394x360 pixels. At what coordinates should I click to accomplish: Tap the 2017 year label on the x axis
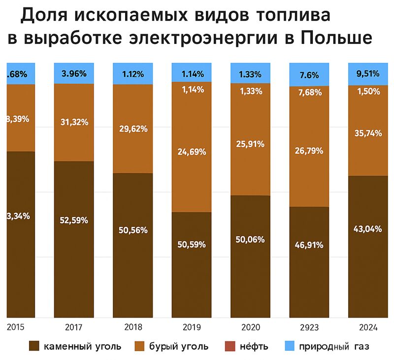click(x=73, y=327)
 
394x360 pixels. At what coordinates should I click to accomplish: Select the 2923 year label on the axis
click(x=309, y=327)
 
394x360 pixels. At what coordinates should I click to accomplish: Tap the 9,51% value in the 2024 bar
click(x=367, y=74)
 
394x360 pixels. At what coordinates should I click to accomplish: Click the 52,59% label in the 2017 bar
click(x=74, y=220)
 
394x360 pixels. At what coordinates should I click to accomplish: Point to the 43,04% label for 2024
click(x=367, y=229)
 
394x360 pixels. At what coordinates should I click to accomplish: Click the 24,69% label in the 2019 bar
click(x=192, y=151)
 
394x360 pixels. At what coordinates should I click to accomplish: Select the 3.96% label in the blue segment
click(x=74, y=74)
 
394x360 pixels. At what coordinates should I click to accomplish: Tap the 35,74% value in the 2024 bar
click(x=367, y=132)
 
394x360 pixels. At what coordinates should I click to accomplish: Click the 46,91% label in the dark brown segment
click(x=309, y=244)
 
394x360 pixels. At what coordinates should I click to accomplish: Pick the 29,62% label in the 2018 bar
click(x=132, y=129)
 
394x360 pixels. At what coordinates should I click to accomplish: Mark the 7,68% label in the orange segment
click(x=309, y=92)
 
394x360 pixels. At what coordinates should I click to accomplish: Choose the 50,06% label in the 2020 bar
click(x=250, y=239)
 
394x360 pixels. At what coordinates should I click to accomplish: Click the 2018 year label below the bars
click(x=132, y=327)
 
